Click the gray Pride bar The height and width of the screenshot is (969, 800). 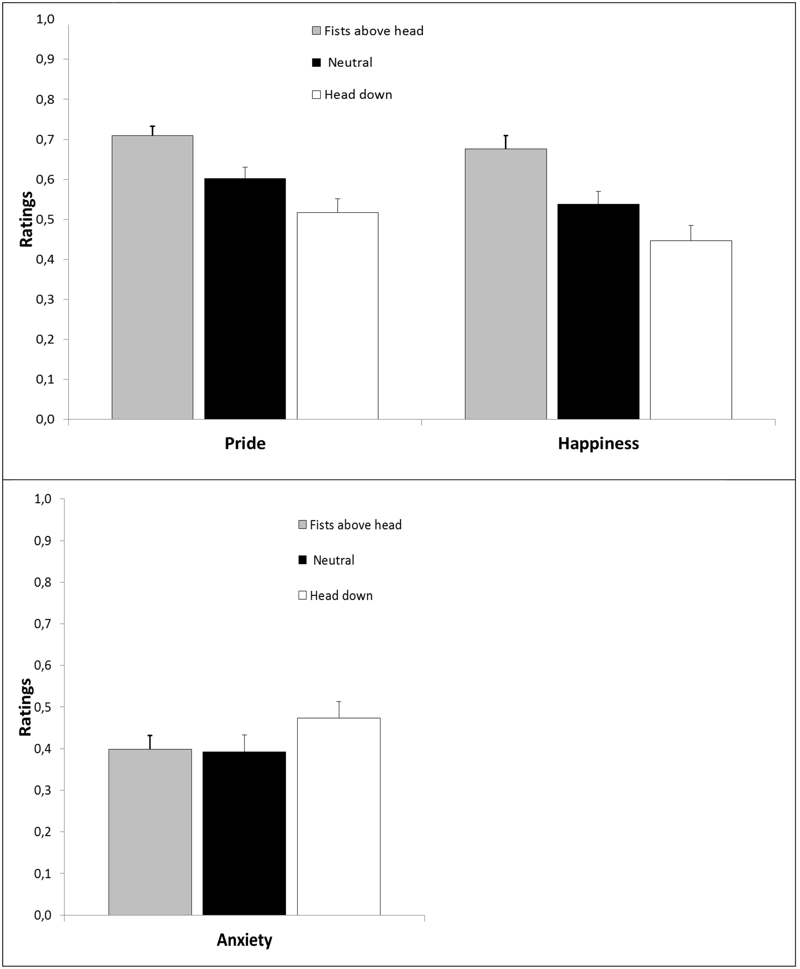pyautogui.click(x=153, y=277)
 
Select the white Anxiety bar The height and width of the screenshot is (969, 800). pyautogui.click(x=339, y=816)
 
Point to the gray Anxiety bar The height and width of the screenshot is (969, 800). pyautogui.click(x=150, y=832)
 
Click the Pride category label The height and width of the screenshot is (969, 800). pyautogui.click(x=245, y=443)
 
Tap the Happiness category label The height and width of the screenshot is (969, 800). pyautogui.click(x=599, y=443)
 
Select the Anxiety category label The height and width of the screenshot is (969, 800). pyautogui.click(x=245, y=940)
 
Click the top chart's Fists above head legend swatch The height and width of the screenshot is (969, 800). pyautogui.click(x=317, y=31)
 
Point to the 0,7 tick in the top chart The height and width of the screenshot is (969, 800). pyautogui.click(x=45, y=139)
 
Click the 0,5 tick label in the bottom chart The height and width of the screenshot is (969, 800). pyautogui.click(x=43, y=707)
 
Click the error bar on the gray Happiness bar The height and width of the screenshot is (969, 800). pyautogui.click(x=506, y=142)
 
